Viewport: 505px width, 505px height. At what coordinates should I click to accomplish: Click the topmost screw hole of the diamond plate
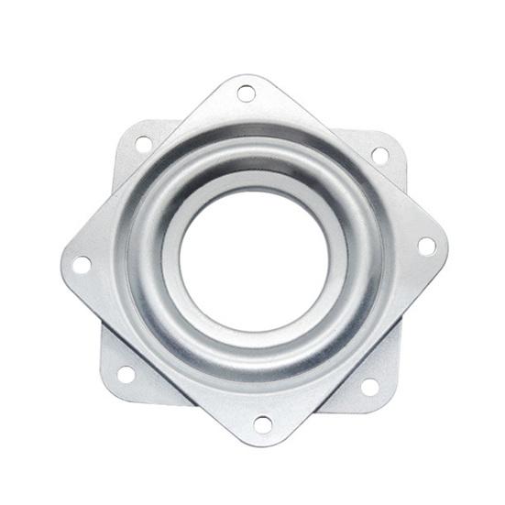pyautogui.click(x=246, y=93)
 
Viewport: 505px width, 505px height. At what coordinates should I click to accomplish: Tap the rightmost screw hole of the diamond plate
pyautogui.click(x=426, y=246)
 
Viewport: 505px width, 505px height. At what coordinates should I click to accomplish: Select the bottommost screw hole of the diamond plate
pyautogui.click(x=262, y=424)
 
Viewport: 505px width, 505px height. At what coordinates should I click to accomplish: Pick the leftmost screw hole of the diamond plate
pyautogui.click(x=82, y=265)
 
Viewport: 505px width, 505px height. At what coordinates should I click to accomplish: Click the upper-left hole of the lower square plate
pyautogui.click(x=143, y=144)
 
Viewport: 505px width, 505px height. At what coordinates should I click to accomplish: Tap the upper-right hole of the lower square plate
pyautogui.click(x=379, y=155)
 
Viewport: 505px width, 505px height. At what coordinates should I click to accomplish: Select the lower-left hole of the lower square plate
pyautogui.click(x=126, y=374)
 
